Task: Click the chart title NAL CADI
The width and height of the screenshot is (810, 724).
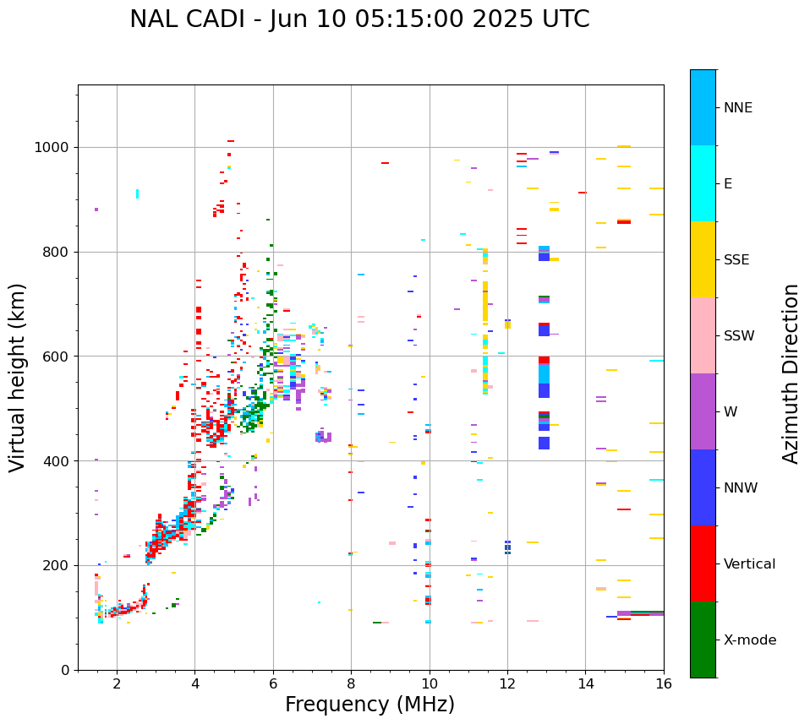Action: click(x=359, y=19)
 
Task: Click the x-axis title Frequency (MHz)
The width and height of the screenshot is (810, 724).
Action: click(x=369, y=705)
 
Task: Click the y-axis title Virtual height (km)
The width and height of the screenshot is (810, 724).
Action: click(x=18, y=378)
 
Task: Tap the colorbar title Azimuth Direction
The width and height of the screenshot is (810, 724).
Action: click(x=791, y=373)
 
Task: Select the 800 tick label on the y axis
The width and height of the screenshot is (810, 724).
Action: click(x=55, y=252)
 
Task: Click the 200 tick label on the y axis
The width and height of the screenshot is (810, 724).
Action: click(x=55, y=565)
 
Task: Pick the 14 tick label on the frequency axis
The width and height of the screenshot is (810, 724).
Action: click(x=585, y=683)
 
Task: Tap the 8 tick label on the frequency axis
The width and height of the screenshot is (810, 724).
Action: click(x=351, y=683)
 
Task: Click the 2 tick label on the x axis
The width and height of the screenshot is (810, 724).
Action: click(x=117, y=683)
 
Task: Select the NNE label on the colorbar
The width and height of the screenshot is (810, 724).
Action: click(x=737, y=108)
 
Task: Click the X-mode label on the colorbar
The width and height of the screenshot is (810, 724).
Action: click(x=750, y=640)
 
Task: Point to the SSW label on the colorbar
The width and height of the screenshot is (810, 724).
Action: click(x=739, y=336)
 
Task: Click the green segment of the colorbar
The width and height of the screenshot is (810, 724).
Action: click(x=703, y=640)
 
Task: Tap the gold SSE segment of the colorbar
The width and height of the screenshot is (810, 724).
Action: click(x=703, y=259)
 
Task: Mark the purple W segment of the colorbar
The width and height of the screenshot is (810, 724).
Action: click(x=703, y=411)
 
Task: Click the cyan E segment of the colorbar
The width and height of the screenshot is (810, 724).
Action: click(x=703, y=183)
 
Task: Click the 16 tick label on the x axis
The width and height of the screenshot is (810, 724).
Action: click(x=664, y=683)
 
